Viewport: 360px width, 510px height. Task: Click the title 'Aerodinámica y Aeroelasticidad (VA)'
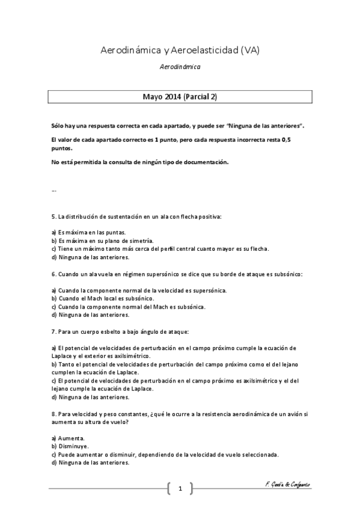(180, 52)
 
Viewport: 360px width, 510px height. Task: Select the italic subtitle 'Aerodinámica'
(180, 68)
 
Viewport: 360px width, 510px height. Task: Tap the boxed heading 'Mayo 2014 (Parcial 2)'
(180, 96)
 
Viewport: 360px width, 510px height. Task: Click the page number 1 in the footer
(180, 488)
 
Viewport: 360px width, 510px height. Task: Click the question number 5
(53, 216)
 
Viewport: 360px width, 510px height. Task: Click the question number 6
(53, 274)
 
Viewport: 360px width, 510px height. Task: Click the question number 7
(53, 331)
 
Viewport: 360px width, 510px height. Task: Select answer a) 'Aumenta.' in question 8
(68, 438)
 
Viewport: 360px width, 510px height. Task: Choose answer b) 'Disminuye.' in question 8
(70, 446)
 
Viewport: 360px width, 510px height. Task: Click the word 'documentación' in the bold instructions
(208, 162)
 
